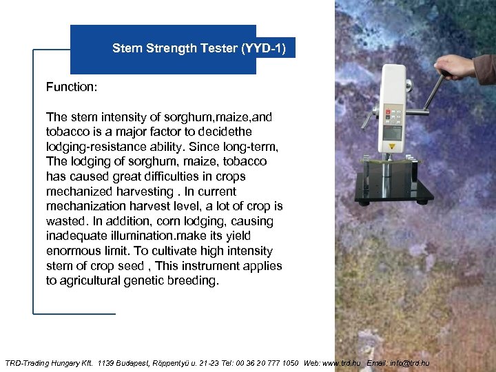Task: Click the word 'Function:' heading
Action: (72, 87)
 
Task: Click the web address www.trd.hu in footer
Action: (342, 363)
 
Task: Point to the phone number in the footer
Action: (259, 363)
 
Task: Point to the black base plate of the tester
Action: (393, 189)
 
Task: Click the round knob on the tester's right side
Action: (409, 85)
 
